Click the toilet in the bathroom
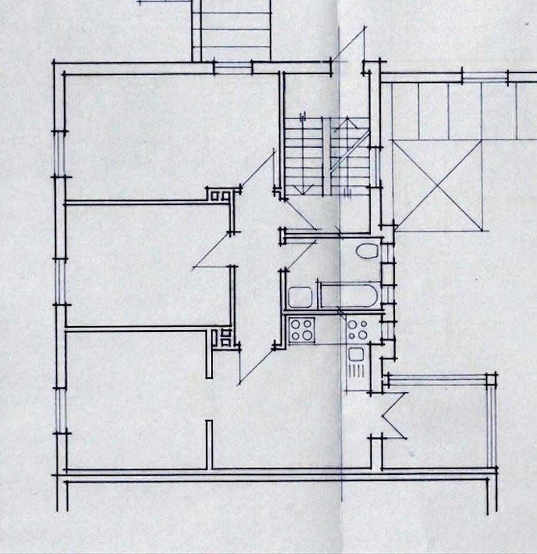pyautogui.click(x=366, y=251)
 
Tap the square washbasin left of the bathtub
pyautogui.click(x=300, y=298)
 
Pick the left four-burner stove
pyautogui.click(x=301, y=330)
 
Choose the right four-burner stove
pyautogui.click(x=357, y=330)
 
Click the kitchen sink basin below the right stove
pyautogui.click(x=356, y=354)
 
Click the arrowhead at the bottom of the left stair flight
pyautogui.click(x=300, y=190)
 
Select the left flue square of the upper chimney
pyautogui.click(x=214, y=196)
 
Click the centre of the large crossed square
pyautogui.click(x=438, y=185)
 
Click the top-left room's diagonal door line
pyautogui.click(x=257, y=170)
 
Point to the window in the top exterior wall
pyautogui.click(x=233, y=68)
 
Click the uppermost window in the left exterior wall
pyautogui.click(x=60, y=155)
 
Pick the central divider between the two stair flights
pyautogui.click(x=326, y=156)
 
